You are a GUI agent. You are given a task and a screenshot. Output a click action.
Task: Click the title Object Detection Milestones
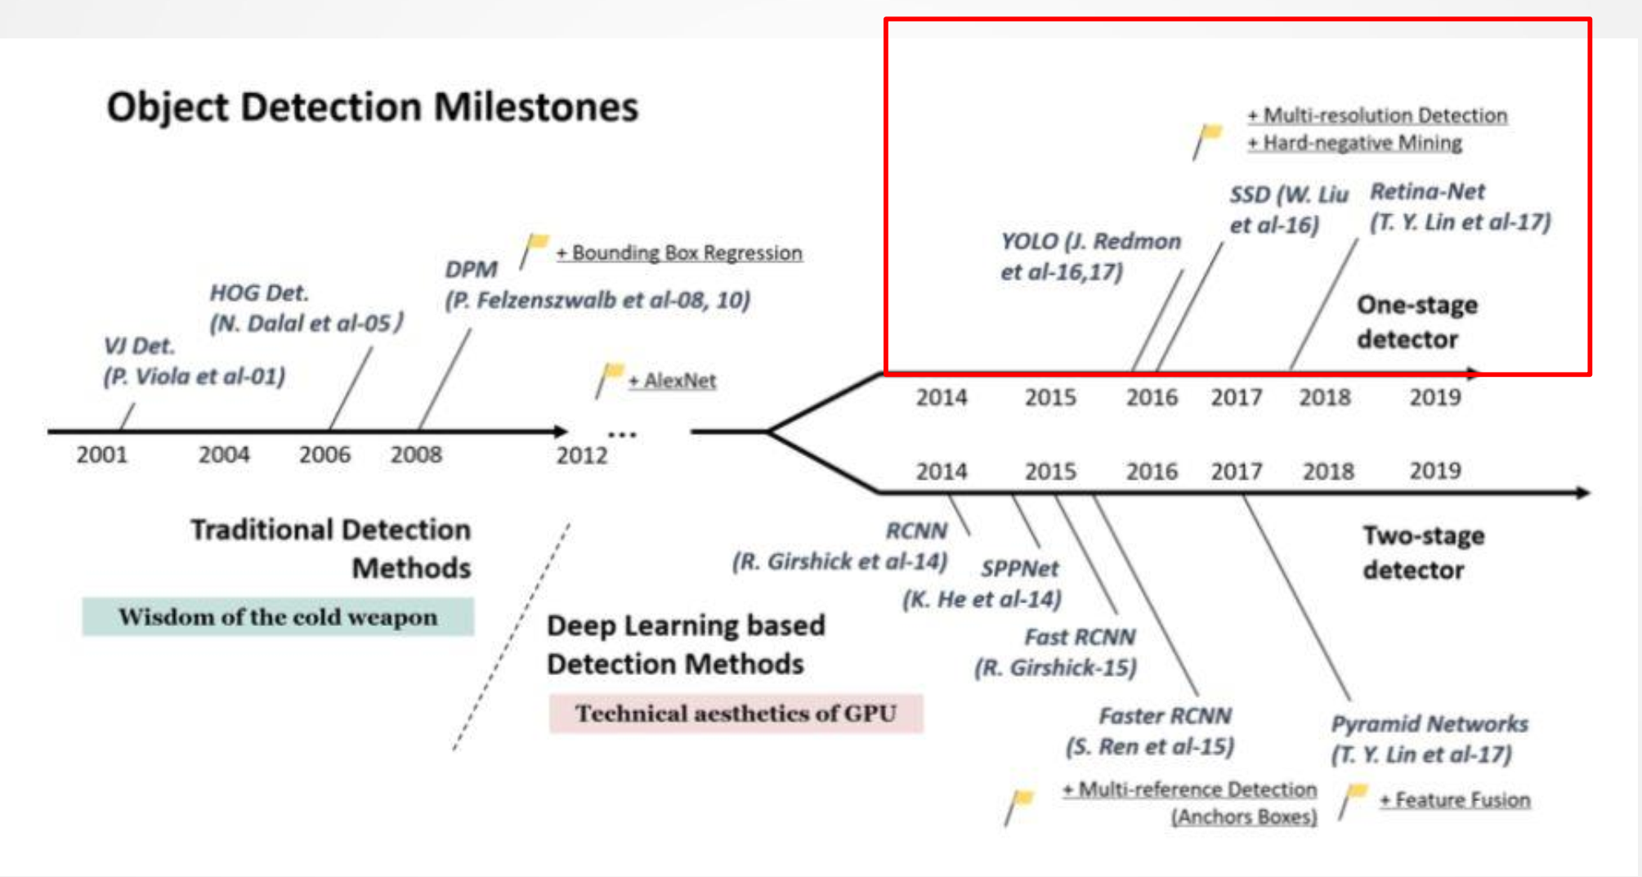click(x=372, y=107)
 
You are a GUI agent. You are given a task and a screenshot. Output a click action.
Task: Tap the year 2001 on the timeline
click(x=102, y=454)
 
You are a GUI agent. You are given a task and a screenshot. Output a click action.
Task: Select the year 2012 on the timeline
click(x=582, y=455)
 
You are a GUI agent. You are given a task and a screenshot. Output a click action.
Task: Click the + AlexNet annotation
click(x=672, y=381)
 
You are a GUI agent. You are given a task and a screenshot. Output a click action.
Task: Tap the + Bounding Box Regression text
click(x=679, y=253)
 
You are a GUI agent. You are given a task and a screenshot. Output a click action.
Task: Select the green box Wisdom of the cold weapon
click(x=278, y=617)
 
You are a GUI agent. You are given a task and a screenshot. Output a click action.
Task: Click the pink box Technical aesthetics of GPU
click(x=736, y=714)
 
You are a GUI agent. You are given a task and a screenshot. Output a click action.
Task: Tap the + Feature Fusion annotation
click(x=1455, y=800)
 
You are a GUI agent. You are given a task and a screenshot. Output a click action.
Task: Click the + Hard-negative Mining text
click(x=1354, y=143)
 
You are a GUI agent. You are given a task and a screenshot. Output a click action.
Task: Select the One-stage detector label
click(x=1416, y=322)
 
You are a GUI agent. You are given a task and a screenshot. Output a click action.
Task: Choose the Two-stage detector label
click(x=1423, y=553)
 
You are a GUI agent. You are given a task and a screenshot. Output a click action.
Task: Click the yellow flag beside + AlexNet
click(x=612, y=374)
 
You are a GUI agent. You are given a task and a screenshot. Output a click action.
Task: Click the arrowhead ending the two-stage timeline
click(x=1582, y=493)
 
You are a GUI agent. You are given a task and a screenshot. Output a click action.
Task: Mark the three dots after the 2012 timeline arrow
click(x=622, y=435)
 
